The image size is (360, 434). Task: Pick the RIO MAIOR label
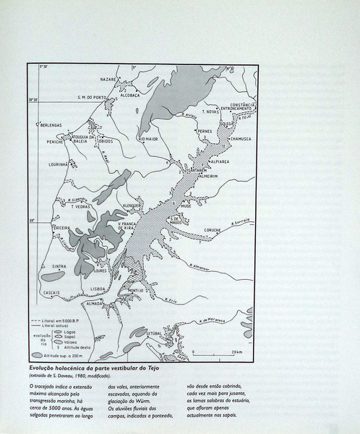tap(147, 139)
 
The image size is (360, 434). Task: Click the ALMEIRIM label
tap(210, 174)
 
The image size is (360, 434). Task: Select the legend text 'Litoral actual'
tap(60, 326)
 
